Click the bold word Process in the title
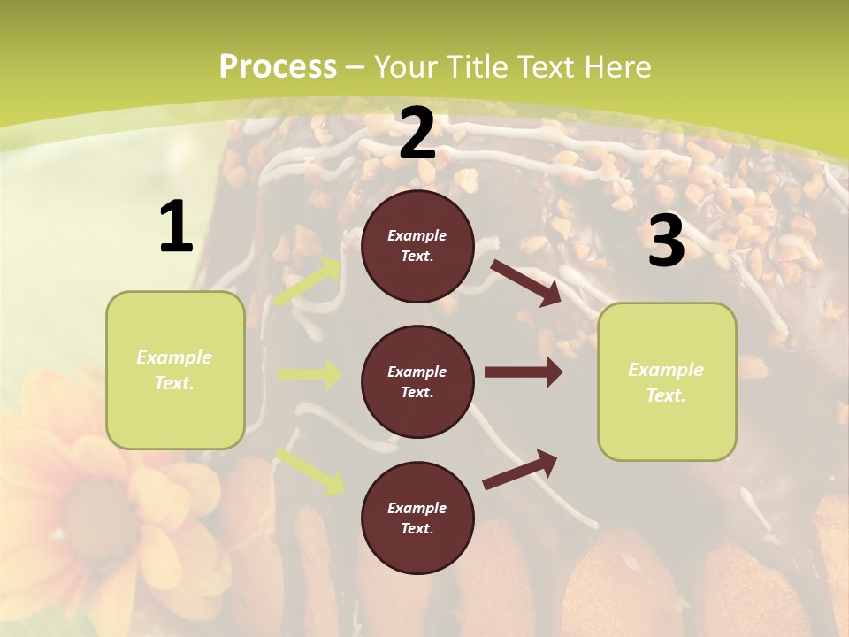pyautogui.click(x=278, y=67)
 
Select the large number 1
pyautogui.click(x=176, y=226)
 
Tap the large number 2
pyautogui.click(x=417, y=134)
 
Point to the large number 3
pyautogui.click(x=666, y=242)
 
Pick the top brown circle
pyautogui.click(x=417, y=246)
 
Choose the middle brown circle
pyautogui.click(x=417, y=381)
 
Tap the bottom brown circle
pyautogui.click(x=417, y=518)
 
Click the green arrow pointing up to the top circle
pyautogui.click(x=309, y=282)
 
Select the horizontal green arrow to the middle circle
pyautogui.click(x=310, y=374)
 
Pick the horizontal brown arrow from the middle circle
pyautogui.click(x=523, y=372)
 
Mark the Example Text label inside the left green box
pyautogui.click(x=174, y=370)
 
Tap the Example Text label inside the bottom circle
pyautogui.click(x=417, y=518)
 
